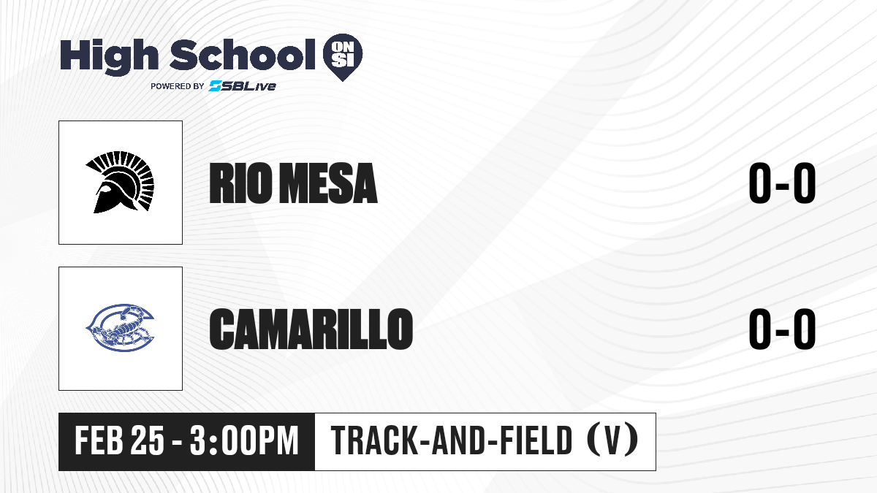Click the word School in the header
pos(243,54)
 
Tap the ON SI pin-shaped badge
pos(343,57)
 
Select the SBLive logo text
pos(243,86)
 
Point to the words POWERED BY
pos(178,86)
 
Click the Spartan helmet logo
pos(120,182)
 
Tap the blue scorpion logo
pos(120,328)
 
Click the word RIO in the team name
pos(240,183)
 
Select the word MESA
pos(329,183)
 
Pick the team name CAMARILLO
pos(311,329)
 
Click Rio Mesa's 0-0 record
pos(782,183)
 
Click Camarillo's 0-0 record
pos(782,329)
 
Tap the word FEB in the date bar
pos(99,441)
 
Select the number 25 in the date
pos(147,441)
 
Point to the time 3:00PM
pos(244,441)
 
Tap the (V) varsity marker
pos(612,440)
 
